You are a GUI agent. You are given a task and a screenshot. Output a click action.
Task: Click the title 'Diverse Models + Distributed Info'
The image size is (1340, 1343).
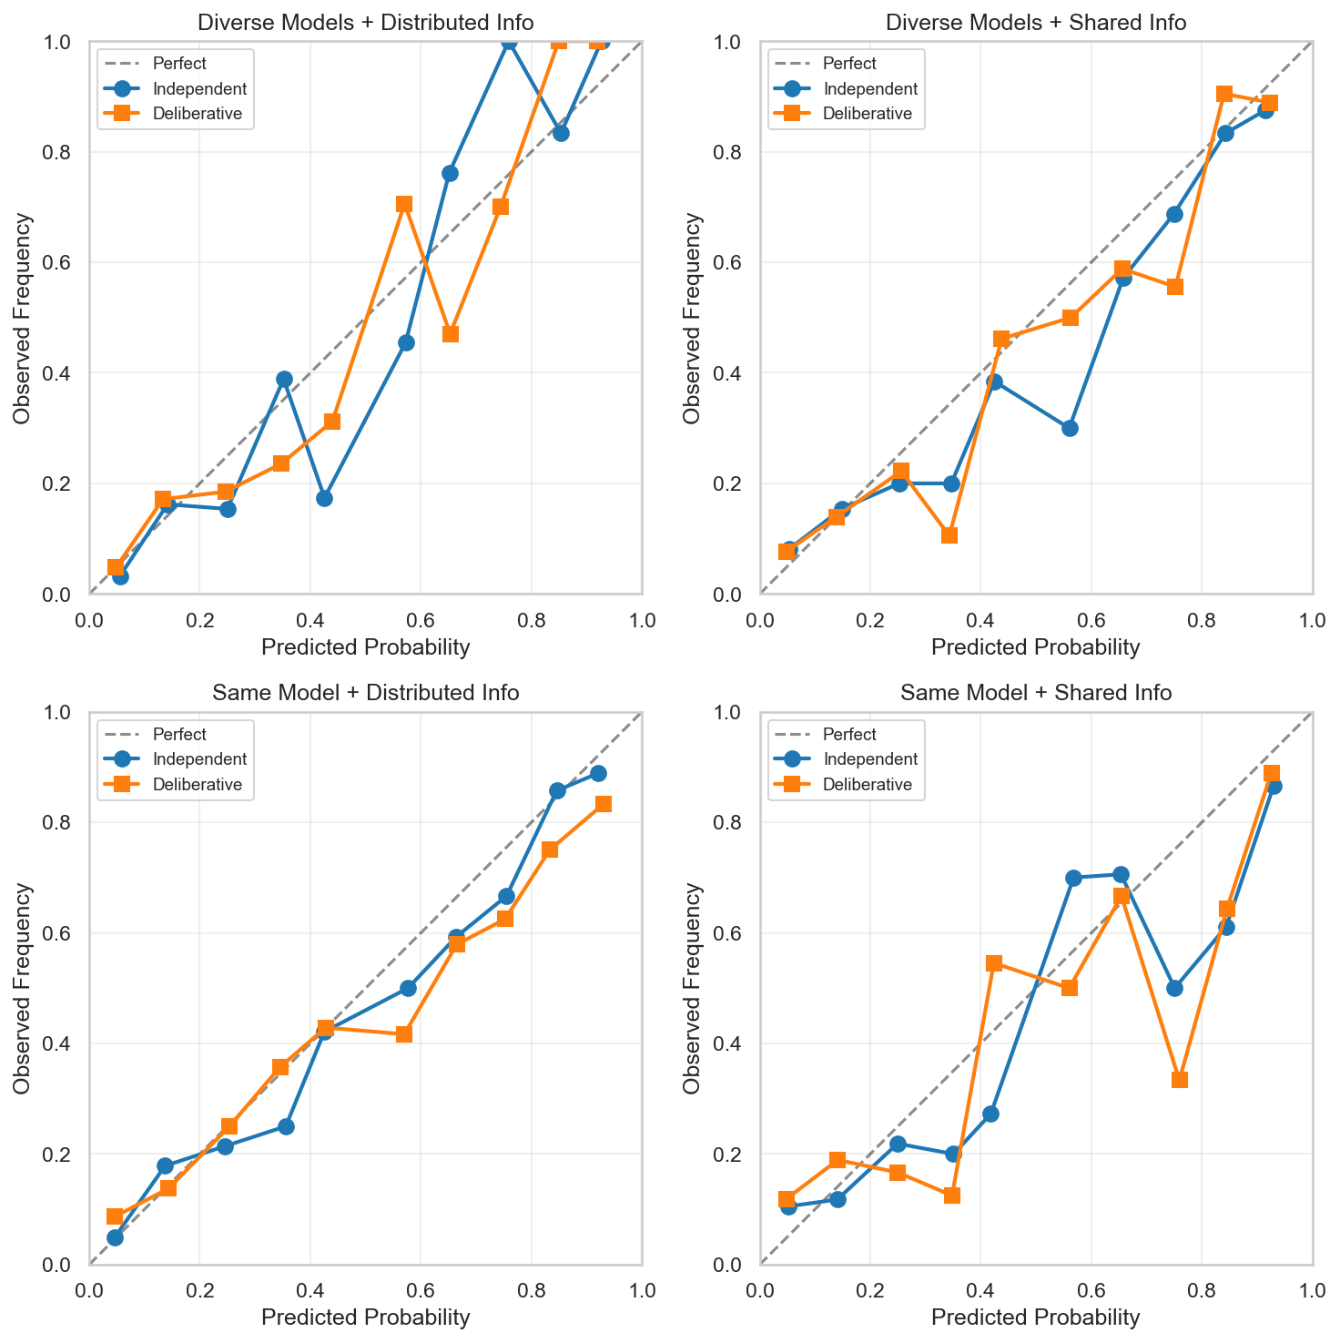pos(365,22)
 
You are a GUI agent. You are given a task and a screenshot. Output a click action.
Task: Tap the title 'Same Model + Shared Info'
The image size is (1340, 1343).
pos(1036,693)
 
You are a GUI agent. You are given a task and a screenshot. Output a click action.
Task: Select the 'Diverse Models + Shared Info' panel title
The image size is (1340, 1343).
pos(1036,22)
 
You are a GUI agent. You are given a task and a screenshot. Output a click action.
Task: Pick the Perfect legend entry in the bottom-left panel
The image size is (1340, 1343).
pos(179,734)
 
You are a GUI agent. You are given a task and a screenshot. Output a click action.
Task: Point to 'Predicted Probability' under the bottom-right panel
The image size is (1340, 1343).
pos(1036,1318)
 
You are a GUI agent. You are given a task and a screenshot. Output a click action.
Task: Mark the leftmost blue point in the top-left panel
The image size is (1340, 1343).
pos(120,576)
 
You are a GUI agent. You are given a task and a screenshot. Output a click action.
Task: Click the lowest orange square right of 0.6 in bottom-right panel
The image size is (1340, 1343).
pos(1180,1080)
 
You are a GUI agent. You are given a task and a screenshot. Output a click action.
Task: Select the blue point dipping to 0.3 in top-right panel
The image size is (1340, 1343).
pos(1070,428)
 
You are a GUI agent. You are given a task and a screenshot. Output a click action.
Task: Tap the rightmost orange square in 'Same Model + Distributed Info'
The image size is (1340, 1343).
pos(603,804)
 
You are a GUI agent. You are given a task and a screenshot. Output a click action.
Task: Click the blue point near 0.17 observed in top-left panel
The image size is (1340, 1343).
pos(324,498)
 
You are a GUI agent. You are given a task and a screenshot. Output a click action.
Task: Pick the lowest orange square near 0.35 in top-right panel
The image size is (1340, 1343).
pos(949,535)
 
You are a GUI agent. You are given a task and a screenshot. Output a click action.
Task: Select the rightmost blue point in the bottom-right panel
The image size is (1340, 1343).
pos(1274,786)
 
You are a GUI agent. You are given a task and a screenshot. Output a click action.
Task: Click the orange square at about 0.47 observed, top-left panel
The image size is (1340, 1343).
pos(450,334)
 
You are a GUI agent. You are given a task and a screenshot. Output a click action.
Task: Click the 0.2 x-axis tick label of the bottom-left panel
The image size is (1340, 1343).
pos(199,1290)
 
